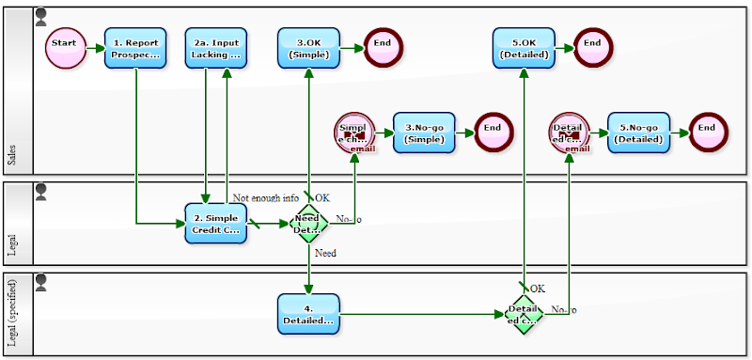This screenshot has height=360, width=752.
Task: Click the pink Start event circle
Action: click(x=65, y=48)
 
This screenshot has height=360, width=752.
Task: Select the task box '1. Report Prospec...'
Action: click(x=135, y=48)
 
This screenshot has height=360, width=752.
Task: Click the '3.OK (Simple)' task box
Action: click(x=308, y=48)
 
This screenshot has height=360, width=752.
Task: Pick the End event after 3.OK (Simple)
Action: click(x=383, y=48)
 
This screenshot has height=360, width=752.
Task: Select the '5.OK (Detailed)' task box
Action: click(x=524, y=48)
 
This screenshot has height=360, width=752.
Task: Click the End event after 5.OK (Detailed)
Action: click(x=592, y=48)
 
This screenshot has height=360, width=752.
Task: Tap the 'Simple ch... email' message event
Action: click(x=354, y=133)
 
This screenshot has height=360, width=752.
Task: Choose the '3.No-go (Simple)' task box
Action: click(x=424, y=133)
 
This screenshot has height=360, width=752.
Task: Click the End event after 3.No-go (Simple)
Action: click(x=493, y=133)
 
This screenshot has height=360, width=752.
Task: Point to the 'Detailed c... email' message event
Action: click(x=569, y=133)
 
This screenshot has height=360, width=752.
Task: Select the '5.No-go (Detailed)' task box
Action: click(x=639, y=133)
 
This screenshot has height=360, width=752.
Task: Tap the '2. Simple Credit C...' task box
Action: click(x=215, y=224)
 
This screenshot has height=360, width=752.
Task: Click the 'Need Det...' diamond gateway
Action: click(x=308, y=224)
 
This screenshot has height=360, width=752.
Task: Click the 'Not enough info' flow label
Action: click(x=266, y=198)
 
